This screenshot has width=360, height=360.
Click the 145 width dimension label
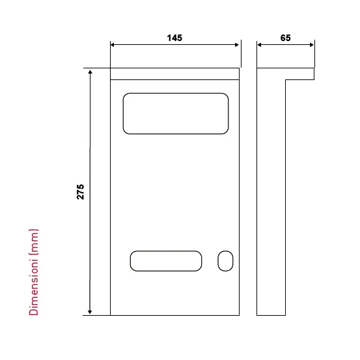[x=174, y=38]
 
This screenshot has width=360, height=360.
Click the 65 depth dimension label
[x=285, y=38]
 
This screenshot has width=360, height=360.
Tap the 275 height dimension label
[x=80, y=191]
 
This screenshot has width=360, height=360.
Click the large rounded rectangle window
[x=176, y=93]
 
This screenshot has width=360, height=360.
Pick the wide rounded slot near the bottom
[x=166, y=251]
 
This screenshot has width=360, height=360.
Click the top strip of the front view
[x=174, y=74]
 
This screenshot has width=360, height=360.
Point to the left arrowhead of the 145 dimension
[x=112, y=45]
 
